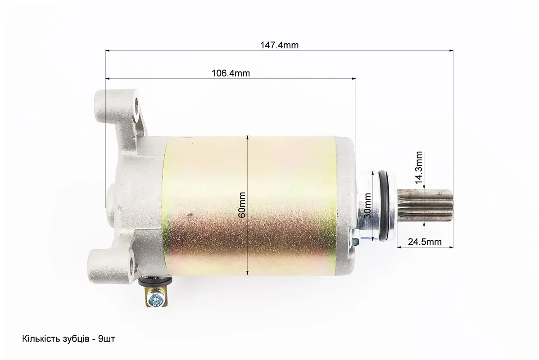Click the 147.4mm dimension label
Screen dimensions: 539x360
280,45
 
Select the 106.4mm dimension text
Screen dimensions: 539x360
231,73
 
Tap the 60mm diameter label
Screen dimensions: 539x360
242,205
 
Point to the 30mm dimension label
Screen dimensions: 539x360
367,206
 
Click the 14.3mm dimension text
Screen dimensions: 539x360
419,167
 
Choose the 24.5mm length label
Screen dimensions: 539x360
425,242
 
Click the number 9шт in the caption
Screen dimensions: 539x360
107,339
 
